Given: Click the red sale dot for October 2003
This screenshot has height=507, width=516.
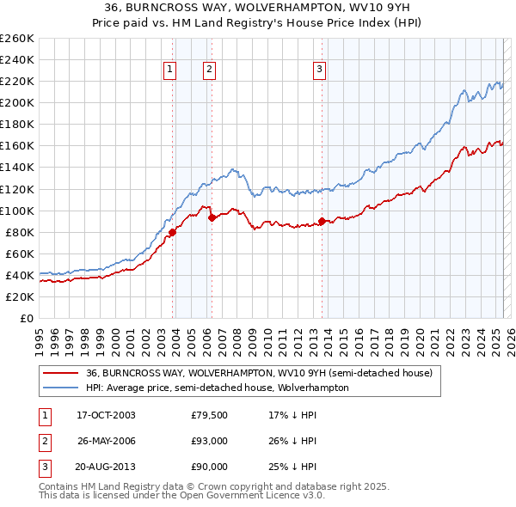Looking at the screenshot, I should pos(173,232).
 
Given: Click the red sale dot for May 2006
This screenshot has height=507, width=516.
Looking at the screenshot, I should pos(212,217).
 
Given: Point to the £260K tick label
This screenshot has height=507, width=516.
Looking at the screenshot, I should pos(16,39).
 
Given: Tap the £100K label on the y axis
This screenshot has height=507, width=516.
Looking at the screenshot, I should pos(16,211).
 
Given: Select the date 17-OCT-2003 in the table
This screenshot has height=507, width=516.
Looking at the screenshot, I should pos(106,415).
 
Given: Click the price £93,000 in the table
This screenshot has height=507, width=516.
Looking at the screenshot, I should pos(210,441).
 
